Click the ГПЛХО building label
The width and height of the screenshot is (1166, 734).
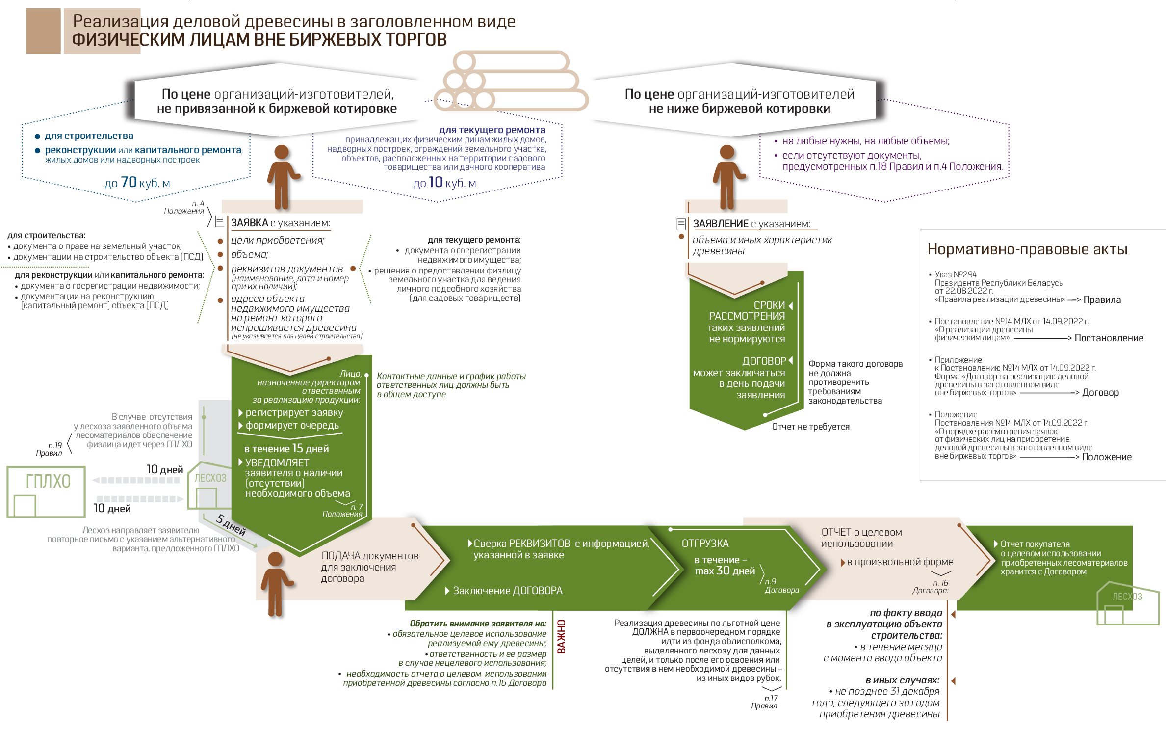pos(48,481)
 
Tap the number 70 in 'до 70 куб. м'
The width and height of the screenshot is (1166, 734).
pos(129,182)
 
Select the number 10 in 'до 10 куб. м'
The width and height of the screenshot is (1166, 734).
pos(436,182)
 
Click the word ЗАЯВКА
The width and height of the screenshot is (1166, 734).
pos(250,223)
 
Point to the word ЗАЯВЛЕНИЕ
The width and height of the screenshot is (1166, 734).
pos(721,224)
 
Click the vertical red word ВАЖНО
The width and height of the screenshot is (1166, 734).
pos(562,636)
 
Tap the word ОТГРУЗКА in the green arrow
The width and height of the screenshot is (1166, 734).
pos(705,544)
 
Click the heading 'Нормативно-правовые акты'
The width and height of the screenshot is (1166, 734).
pos(1027,249)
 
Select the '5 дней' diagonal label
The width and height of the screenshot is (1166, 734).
pos(231,525)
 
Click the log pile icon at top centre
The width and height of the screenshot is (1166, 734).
pos(511,81)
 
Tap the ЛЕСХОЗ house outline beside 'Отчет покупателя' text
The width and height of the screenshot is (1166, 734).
pos(1128,603)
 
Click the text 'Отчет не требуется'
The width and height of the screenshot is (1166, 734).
pos(810,427)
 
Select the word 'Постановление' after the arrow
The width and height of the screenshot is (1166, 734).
pos(1109,338)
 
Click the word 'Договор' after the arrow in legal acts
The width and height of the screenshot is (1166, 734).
pos(1100,392)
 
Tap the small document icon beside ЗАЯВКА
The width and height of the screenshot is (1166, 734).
pos(220,221)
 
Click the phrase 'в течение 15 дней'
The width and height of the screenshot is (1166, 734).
pos(286,448)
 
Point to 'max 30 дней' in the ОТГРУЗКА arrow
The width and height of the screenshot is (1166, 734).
pos(725,571)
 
